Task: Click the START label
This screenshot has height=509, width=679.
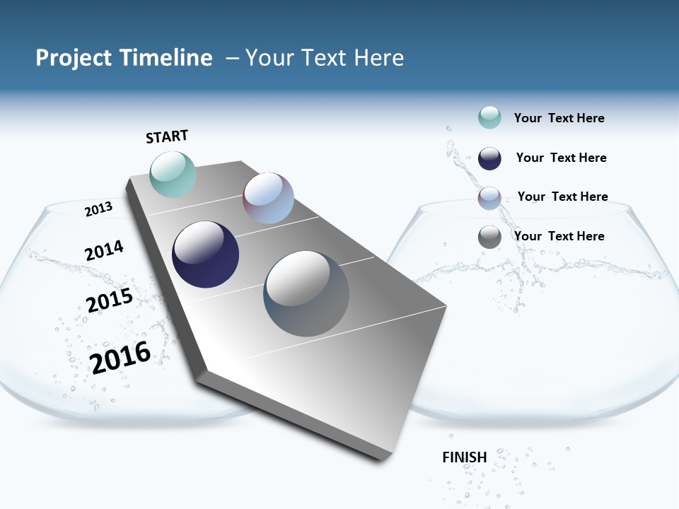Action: pos(167,136)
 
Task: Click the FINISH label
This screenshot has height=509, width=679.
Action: pos(465,457)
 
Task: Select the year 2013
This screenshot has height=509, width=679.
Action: pos(98,209)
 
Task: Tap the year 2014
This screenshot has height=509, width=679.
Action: pos(104,251)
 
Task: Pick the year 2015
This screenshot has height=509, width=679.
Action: pos(110,300)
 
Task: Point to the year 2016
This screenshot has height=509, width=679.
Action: pos(120,357)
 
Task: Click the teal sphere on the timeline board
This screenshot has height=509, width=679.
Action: pos(173,174)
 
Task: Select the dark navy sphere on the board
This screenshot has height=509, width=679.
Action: pos(205,255)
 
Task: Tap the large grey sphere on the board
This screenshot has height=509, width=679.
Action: pos(306,293)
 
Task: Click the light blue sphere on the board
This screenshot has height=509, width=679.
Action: pos(268,198)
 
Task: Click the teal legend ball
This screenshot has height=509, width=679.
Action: pos(489,117)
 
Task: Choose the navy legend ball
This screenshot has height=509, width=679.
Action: pos(489,158)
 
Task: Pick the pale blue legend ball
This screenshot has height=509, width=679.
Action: pos(489,198)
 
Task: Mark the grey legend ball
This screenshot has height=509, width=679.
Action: pos(489,237)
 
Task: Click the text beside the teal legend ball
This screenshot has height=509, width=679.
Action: pos(559,118)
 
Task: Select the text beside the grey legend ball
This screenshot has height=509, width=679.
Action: pos(559,236)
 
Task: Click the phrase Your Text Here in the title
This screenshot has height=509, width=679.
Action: pos(325,58)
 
